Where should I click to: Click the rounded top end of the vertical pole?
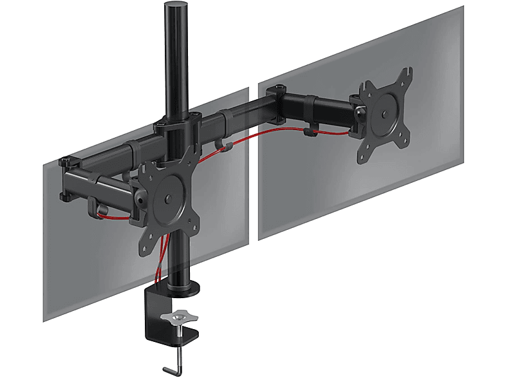click(x=173, y=6)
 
